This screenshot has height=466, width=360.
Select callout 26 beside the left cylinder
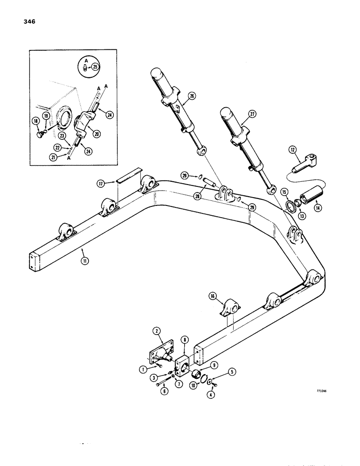click(x=191, y=96)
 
